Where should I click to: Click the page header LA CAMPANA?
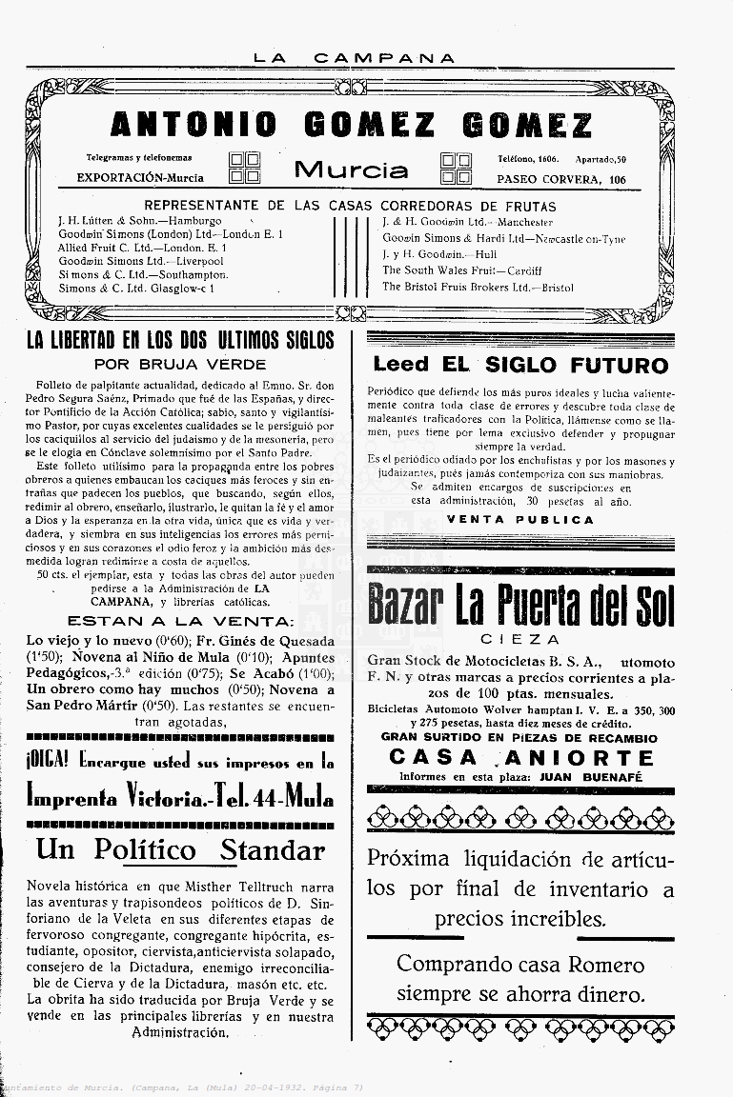point(355,58)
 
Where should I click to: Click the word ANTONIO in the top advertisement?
point(193,125)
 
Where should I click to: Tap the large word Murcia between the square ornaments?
point(351,170)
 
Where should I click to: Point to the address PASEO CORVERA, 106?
point(561,179)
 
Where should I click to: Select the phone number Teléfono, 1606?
point(528,158)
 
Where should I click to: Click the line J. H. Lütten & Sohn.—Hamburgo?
point(139,221)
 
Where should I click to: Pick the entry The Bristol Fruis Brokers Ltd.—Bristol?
point(478,287)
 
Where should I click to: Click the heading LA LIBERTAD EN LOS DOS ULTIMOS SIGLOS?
point(180,341)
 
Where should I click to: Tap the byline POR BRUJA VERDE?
point(180,364)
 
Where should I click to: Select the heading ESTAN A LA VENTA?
point(181,621)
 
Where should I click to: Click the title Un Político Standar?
point(180,849)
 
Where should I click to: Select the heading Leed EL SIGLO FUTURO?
point(520,365)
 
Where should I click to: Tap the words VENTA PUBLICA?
point(519,520)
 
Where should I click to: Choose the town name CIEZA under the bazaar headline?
point(519,639)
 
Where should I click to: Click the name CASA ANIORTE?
point(521,758)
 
